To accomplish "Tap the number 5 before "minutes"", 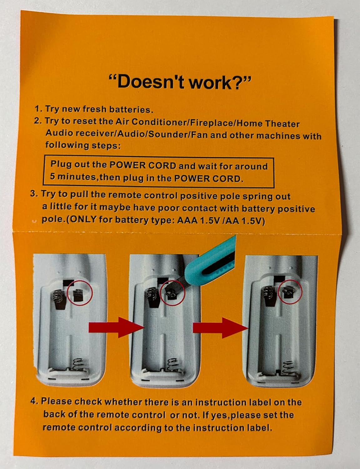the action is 53,176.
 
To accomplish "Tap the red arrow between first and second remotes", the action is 116,327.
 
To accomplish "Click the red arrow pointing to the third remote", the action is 220,328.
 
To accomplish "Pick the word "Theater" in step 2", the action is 282,124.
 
